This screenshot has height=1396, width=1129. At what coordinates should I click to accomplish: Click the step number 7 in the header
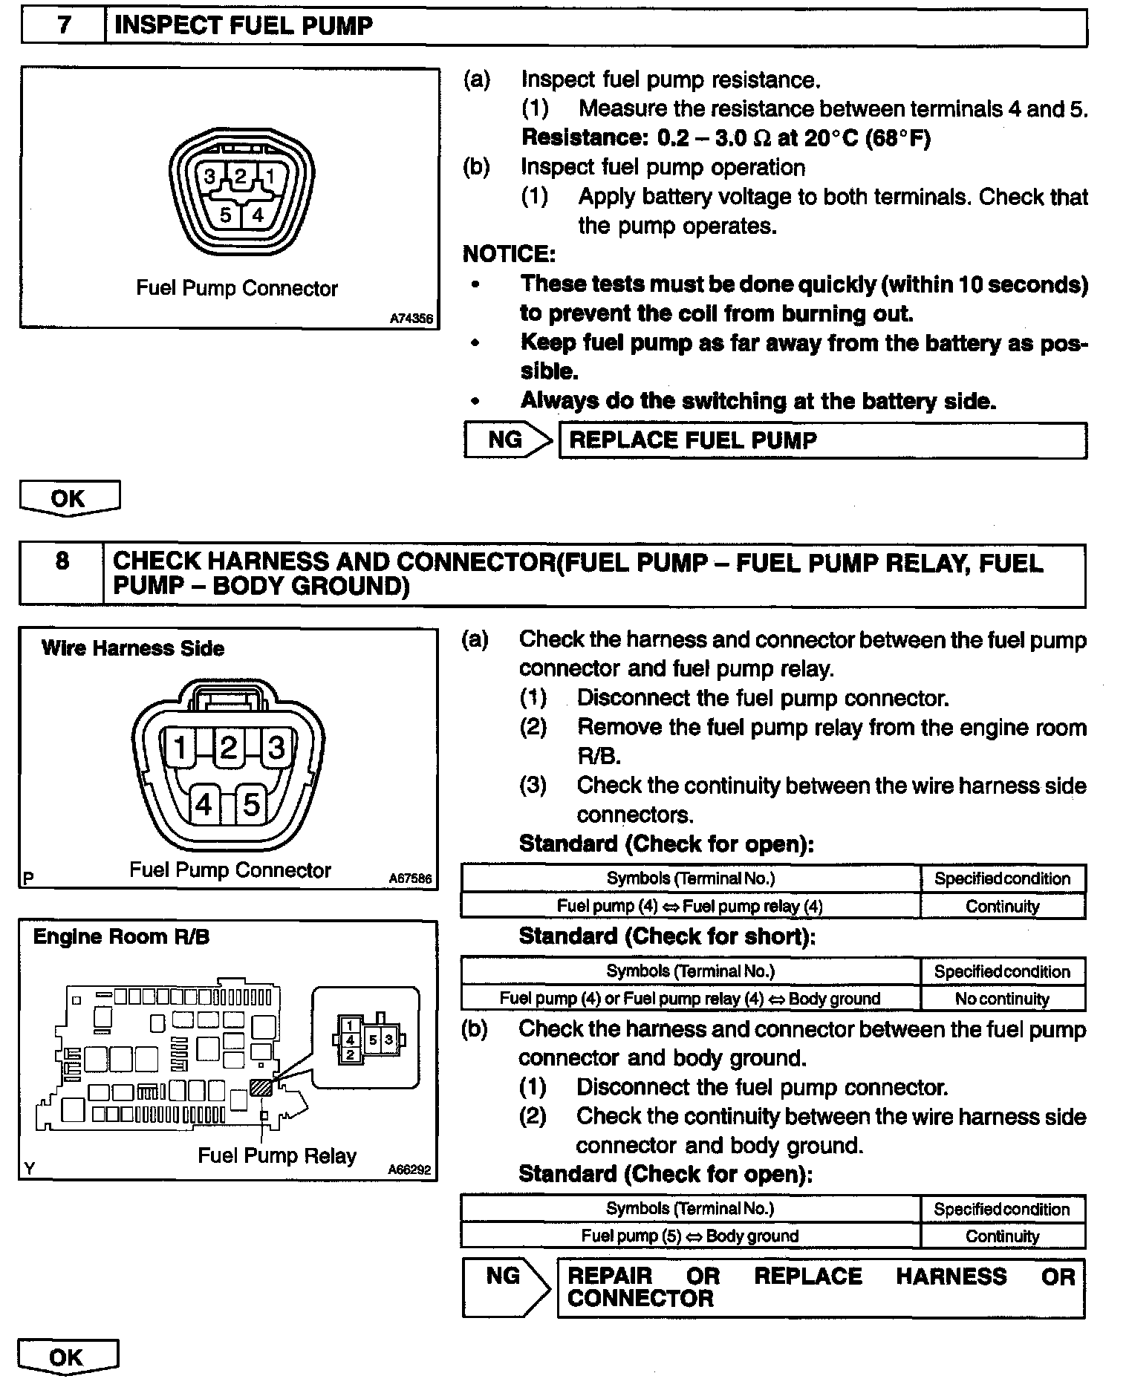(64, 26)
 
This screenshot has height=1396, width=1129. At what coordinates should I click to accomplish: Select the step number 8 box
(62, 574)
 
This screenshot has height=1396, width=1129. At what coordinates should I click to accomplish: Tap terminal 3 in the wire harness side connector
(276, 747)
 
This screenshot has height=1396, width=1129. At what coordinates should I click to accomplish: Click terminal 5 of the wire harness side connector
(252, 805)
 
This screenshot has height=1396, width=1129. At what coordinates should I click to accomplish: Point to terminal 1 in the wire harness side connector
(180, 747)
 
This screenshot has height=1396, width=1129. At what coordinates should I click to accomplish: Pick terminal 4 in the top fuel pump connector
(257, 215)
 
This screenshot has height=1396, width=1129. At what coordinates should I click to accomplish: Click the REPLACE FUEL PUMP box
(822, 440)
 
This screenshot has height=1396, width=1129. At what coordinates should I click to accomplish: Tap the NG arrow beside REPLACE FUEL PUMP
(509, 440)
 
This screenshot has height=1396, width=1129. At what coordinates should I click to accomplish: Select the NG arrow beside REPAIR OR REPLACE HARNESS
(507, 1287)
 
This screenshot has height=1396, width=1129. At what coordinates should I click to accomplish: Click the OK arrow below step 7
(68, 498)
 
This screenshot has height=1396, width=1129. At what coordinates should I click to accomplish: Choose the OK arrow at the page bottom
(67, 1357)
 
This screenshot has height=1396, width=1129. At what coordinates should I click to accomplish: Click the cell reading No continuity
(1002, 999)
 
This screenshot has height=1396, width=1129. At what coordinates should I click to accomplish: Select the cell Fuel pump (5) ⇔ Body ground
(689, 1236)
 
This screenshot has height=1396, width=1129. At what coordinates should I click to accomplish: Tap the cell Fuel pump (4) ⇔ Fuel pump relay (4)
(689, 906)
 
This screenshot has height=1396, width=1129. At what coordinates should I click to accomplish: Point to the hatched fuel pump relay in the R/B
(262, 1087)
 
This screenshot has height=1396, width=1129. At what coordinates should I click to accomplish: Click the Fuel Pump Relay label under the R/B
(276, 1155)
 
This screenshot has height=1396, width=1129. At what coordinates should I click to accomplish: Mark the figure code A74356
(411, 319)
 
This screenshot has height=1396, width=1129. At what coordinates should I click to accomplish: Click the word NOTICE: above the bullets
(509, 255)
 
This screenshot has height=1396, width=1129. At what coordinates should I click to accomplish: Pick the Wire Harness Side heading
(133, 648)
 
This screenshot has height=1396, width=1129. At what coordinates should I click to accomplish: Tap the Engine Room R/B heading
(121, 936)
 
